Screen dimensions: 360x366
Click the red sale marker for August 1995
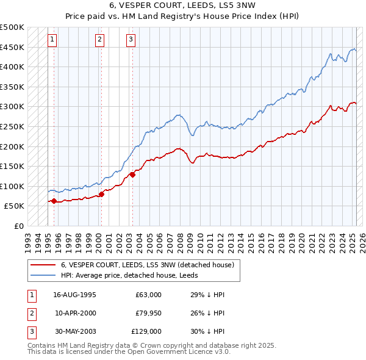pyautogui.click(x=54, y=201)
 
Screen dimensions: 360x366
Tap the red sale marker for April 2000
pyautogui.click(x=101, y=194)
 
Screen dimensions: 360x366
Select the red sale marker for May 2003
pyautogui.click(x=132, y=175)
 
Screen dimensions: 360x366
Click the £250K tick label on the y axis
pyautogui.click(x=12, y=126)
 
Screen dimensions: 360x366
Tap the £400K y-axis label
pyautogui.click(x=12, y=67)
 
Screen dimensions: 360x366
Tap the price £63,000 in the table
pyautogui.click(x=148, y=295)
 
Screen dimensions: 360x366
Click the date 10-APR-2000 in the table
pyautogui.click(x=76, y=313)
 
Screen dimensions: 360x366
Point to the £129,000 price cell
pyautogui.click(x=147, y=331)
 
